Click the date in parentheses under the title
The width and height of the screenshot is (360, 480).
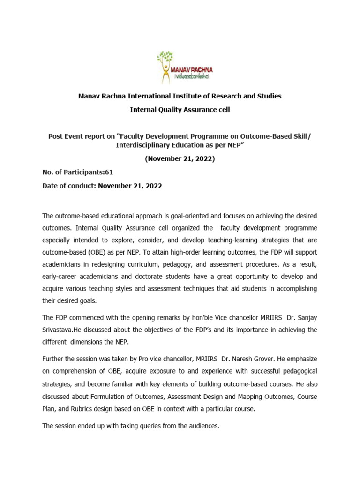tap(180, 158)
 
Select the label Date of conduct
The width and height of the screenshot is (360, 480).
tap(69, 186)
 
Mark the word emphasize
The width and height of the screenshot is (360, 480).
tap(300, 358)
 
